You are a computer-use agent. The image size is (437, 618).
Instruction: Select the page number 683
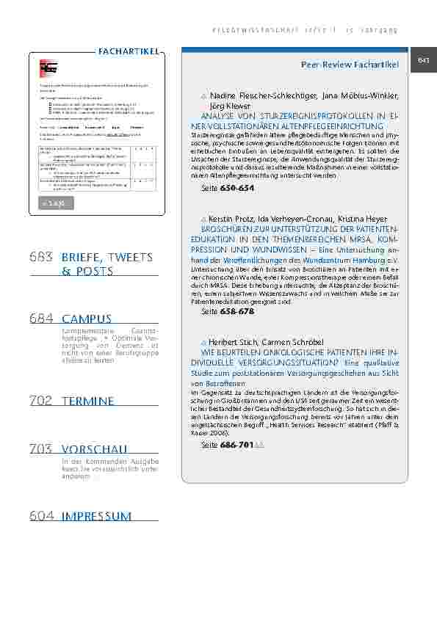pyautogui.click(x=42, y=258)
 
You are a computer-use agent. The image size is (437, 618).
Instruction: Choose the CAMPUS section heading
pyautogui.click(x=87, y=319)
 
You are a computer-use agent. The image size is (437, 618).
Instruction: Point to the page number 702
pyautogui.click(x=42, y=401)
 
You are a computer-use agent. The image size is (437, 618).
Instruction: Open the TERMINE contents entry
pyautogui.click(x=88, y=401)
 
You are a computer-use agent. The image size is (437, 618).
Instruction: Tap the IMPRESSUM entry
pyautogui.click(x=97, y=516)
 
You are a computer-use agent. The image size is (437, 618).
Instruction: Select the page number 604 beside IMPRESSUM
pyautogui.click(x=42, y=516)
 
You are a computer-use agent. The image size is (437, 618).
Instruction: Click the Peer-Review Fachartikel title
pyautogui.click(x=350, y=65)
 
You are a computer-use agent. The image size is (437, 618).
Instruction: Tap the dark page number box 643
pyautogui.click(x=423, y=61)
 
